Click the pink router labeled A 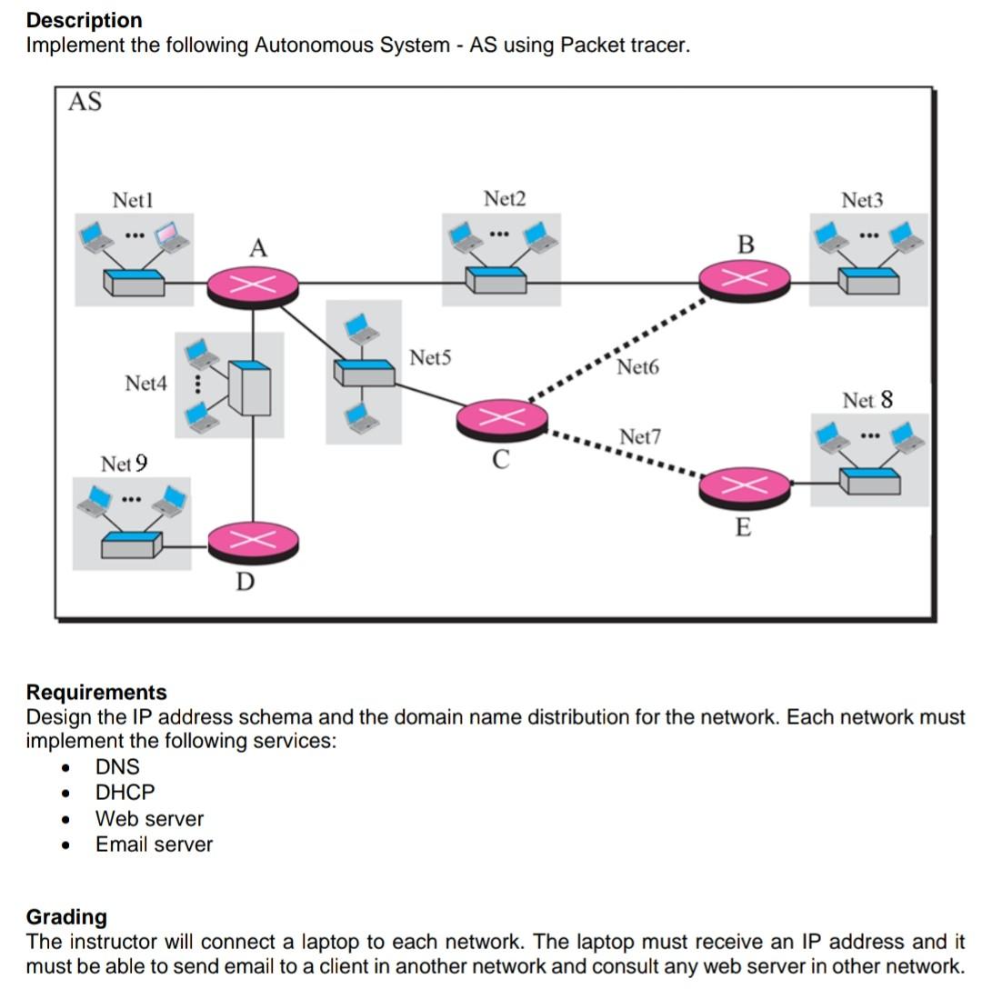(253, 285)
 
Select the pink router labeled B (745, 279)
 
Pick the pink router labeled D (253, 542)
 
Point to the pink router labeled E (745, 487)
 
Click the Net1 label (133, 199)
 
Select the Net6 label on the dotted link (636, 367)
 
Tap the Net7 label (640, 437)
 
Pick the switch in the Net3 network (868, 280)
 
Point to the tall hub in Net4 (249, 388)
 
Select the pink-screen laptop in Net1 (171, 235)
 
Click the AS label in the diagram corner (85, 102)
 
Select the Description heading (84, 20)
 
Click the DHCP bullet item (125, 793)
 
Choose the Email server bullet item (154, 844)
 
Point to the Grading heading (66, 916)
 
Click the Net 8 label (867, 400)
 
